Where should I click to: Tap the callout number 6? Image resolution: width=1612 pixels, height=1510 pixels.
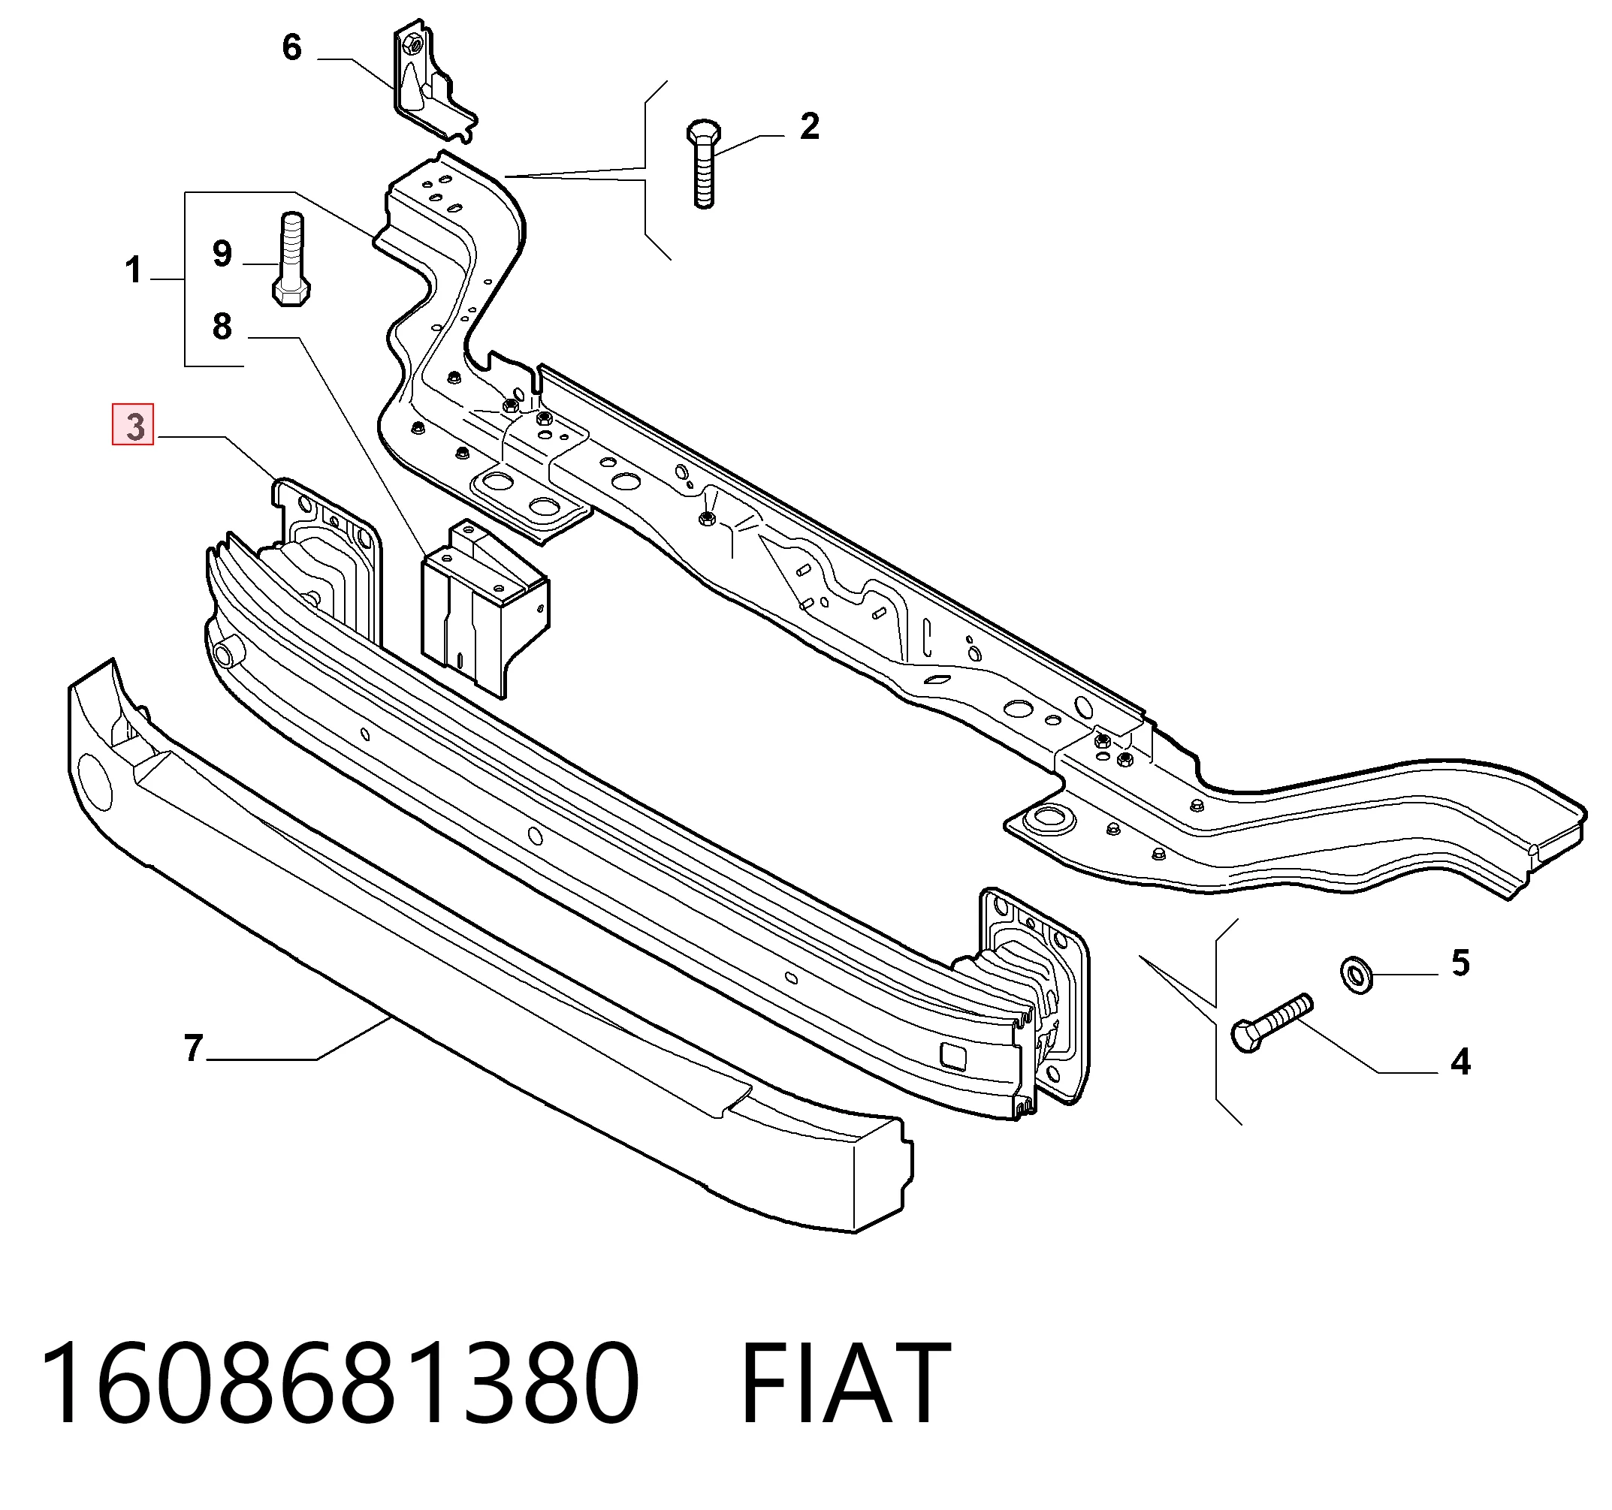292,47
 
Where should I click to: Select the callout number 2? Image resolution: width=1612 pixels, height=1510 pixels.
809,126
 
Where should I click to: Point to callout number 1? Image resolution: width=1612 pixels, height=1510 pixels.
134,269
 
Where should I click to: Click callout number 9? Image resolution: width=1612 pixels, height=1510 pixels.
222,254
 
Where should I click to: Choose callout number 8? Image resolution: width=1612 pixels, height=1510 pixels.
222,326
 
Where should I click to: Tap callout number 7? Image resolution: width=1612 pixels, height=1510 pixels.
193,1048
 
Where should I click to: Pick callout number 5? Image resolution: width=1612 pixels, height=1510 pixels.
1460,963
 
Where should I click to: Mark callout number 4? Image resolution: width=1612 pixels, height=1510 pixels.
1460,1061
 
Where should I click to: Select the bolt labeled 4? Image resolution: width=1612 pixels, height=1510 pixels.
1269,1023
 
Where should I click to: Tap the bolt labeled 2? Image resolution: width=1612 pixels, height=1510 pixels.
704,164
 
